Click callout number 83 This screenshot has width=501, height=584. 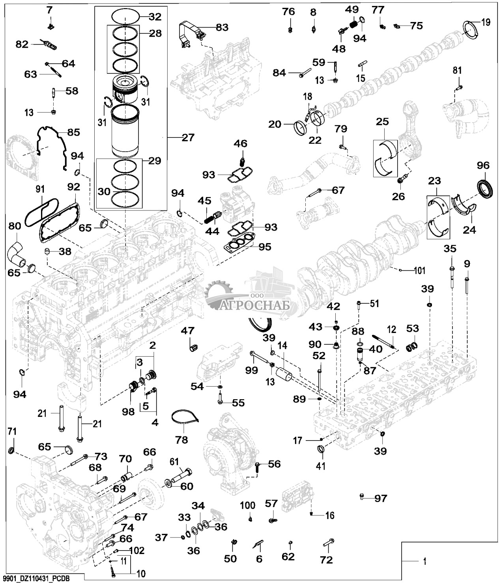222,27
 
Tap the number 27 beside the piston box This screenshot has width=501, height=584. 188,138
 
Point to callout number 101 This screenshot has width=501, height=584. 420,270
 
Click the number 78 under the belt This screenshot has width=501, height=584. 182,439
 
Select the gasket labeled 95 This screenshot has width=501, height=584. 238,247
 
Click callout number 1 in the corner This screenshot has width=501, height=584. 424,561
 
